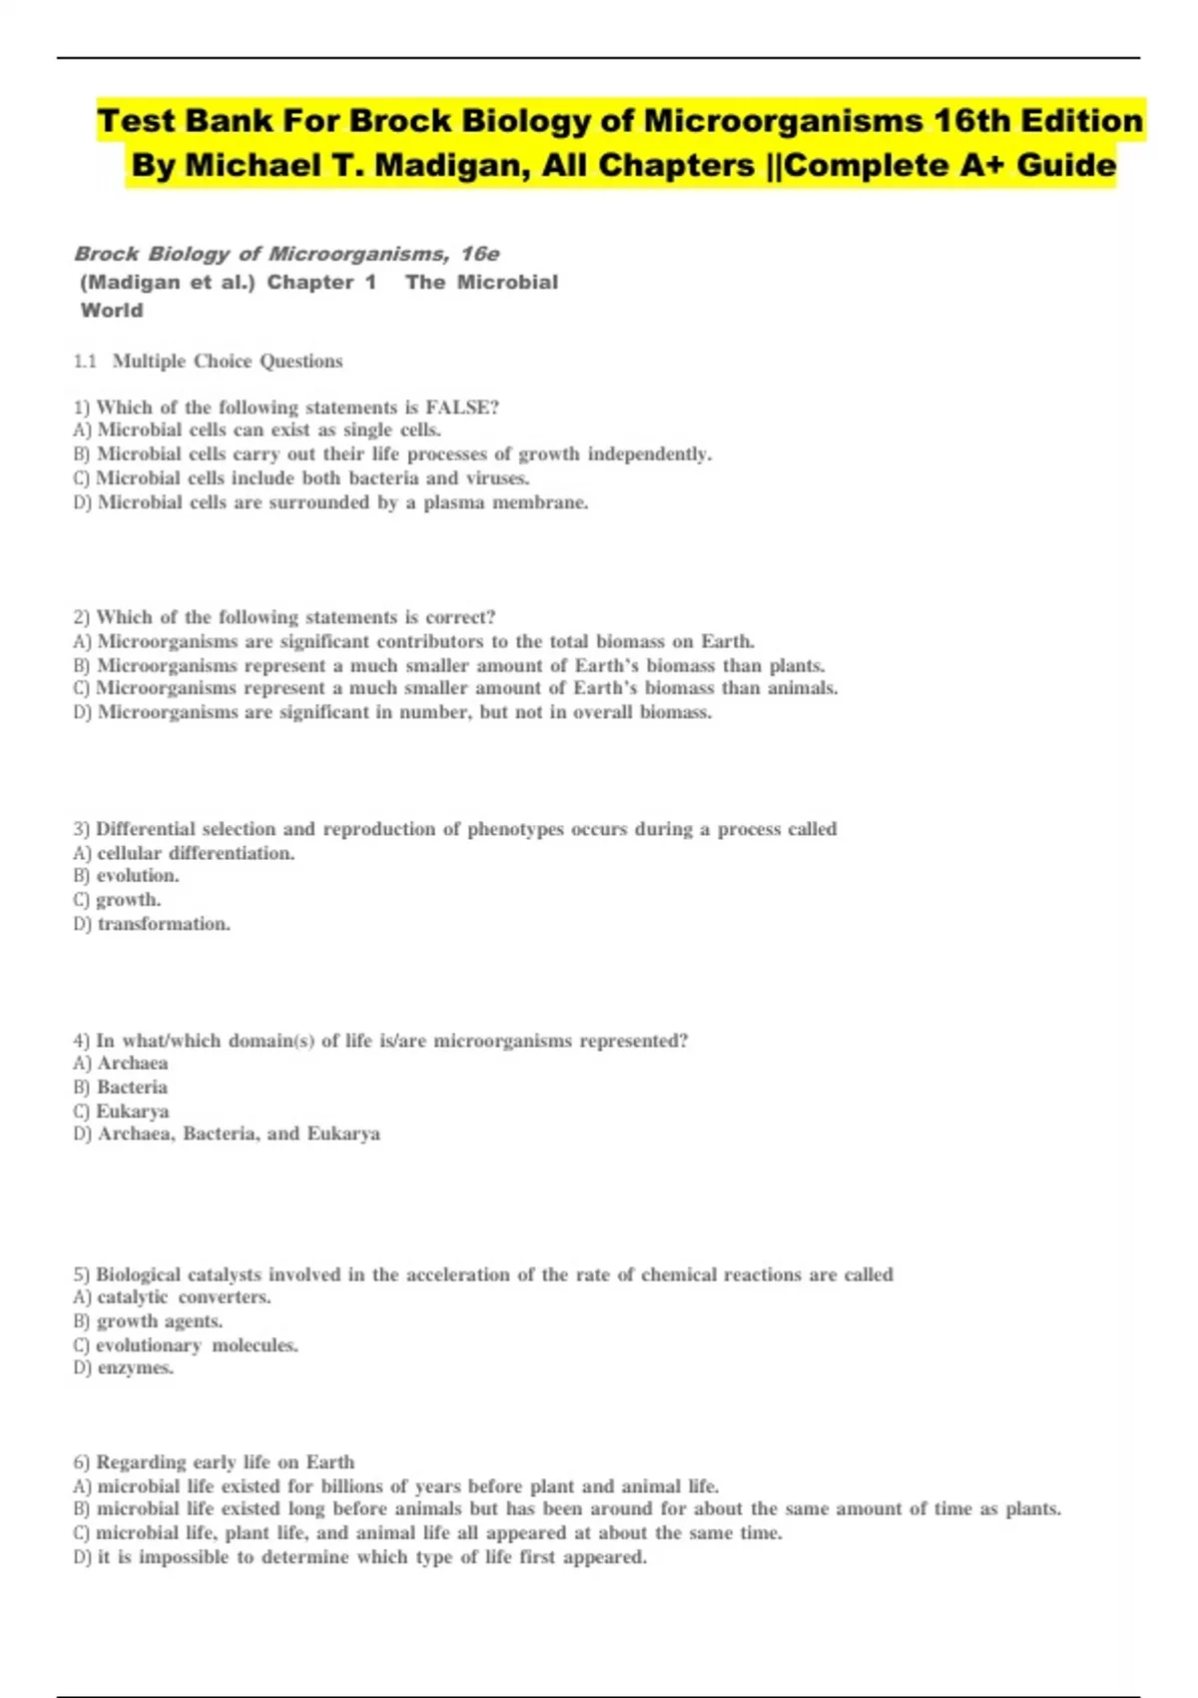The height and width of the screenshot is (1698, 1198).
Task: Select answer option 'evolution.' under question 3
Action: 138,876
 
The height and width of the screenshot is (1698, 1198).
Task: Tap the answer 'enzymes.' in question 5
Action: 135,1368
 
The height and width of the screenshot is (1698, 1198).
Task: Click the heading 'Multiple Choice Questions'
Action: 228,362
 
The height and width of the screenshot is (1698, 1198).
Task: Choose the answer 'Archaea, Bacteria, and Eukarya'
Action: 239,1134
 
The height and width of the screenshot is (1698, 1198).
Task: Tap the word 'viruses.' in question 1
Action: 497,478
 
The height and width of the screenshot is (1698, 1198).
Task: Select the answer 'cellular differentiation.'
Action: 196,853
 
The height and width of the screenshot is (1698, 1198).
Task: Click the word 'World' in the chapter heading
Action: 112,311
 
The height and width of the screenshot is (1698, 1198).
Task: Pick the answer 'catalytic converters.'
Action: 184,1297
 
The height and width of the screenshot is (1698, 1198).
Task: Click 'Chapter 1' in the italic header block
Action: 321,283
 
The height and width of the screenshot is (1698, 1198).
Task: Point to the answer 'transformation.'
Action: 164,924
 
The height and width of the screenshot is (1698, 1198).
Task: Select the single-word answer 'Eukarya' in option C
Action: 132,1111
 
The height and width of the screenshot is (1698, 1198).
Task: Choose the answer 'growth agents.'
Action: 160,1321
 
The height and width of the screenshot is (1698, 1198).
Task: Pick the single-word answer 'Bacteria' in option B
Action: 132,1088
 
